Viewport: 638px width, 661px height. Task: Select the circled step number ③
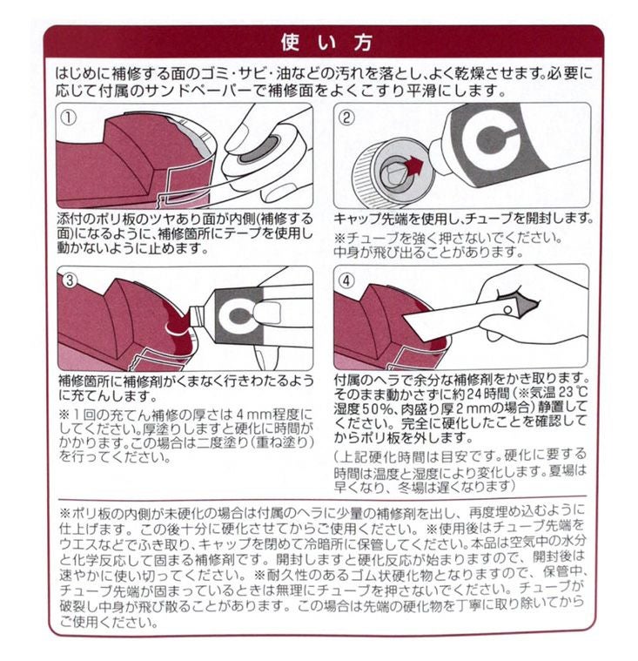69,280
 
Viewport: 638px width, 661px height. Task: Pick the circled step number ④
346,280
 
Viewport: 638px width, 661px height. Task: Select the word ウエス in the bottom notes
78,545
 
